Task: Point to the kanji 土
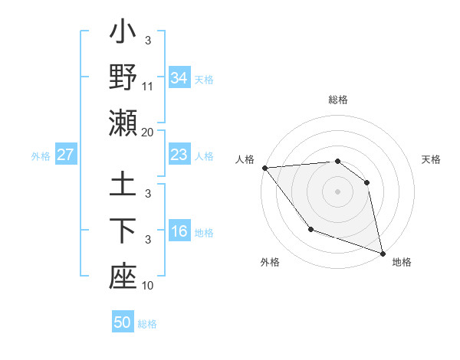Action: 123,185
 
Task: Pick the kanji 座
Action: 123,277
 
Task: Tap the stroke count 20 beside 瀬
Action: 148,132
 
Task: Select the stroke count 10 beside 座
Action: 148,286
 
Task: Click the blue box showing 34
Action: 179,78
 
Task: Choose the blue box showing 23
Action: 179,155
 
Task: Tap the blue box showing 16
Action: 179,232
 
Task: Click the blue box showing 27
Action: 66,155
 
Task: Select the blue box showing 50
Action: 123,323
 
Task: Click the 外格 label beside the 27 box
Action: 41,156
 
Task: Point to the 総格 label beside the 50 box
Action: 148,324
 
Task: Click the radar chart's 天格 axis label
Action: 432,159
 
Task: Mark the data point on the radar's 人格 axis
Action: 264,168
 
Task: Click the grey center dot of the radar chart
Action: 337,191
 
